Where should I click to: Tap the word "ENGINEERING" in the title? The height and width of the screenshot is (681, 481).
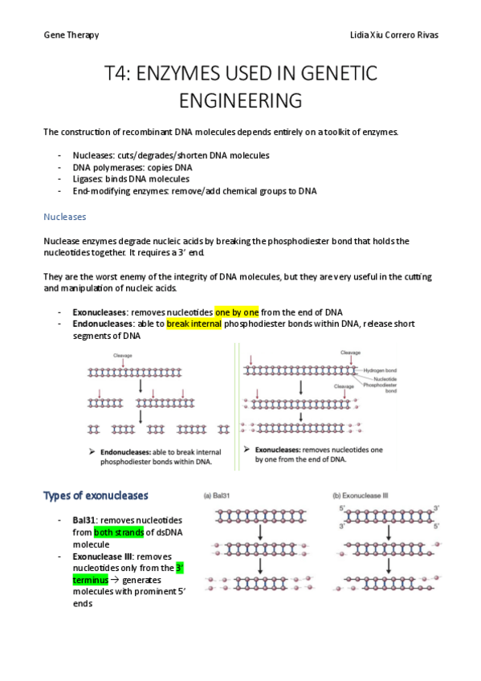pyautogui.click(x=240, y=101)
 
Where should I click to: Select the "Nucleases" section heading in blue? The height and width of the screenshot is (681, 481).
pyautogui.click(x=64, y=217)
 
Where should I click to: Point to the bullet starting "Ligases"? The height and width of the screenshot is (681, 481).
pyautogui.click(x=131, y=179)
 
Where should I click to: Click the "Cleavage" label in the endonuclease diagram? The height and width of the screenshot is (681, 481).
pyautogui.click(x=122, y=354)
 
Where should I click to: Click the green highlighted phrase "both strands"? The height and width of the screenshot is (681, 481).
pyautogui.click(x=120, y=532)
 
